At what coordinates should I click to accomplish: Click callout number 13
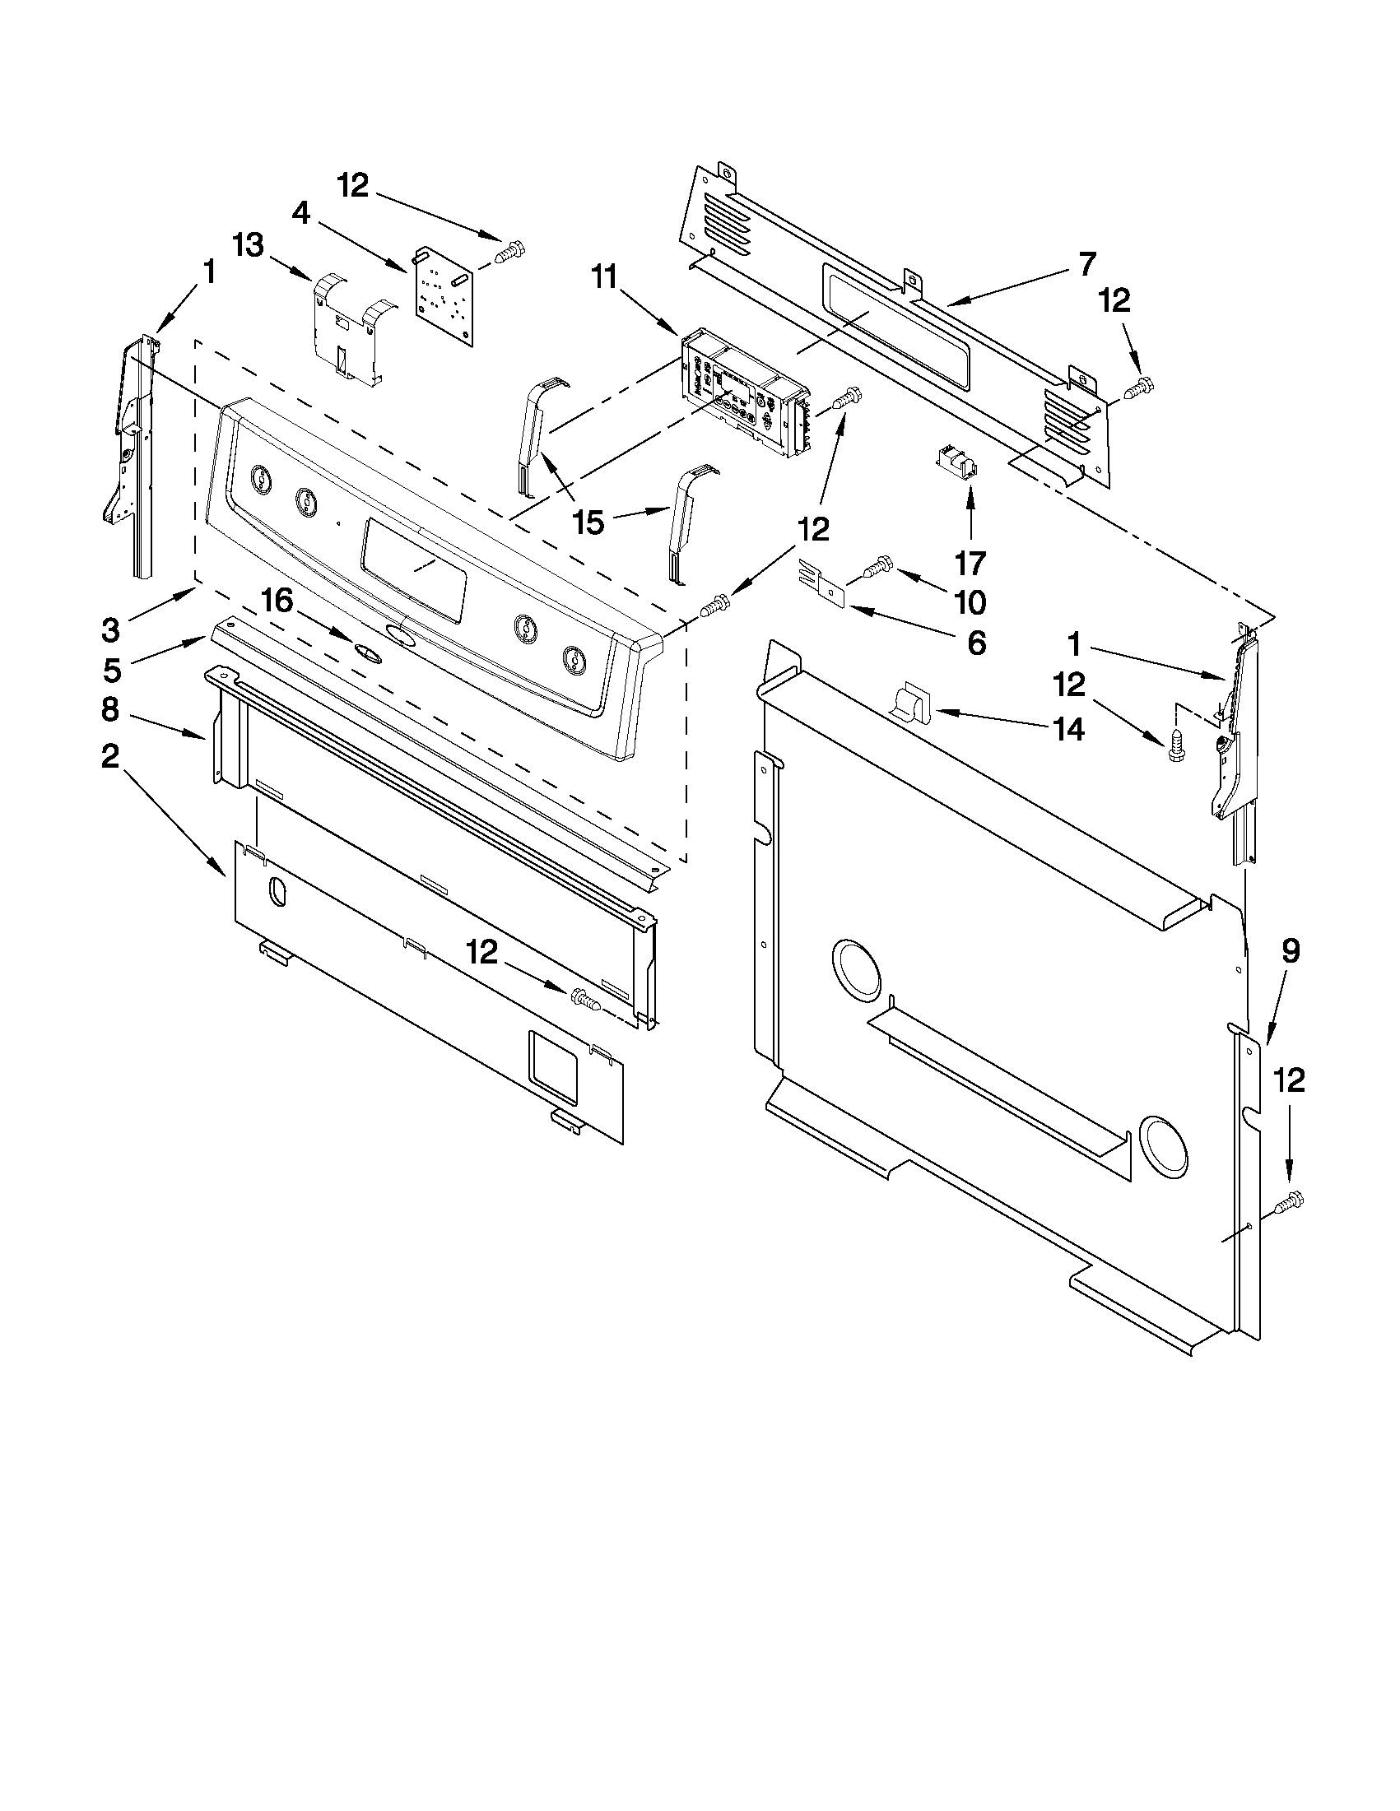coord(248,245)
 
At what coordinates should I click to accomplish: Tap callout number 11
coord(605,278)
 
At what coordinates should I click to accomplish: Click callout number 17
coord(970,563)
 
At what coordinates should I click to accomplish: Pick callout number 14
coord(1069,729)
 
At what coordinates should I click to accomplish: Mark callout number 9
coord(1291,951)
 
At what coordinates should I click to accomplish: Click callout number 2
coord(110,755)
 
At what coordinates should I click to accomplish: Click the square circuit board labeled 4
coord(444,295)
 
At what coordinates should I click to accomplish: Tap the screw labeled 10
coord(877,567)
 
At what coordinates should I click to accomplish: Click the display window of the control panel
coord(413,569)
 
